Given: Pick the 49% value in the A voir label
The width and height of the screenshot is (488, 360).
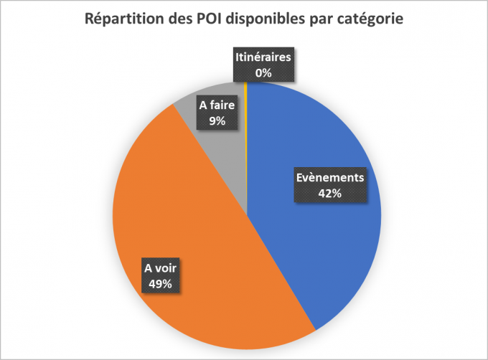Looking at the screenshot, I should [161, 284].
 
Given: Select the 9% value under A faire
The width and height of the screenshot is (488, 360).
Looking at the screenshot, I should [217, 121].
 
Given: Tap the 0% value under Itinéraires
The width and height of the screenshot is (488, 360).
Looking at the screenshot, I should [263, 72].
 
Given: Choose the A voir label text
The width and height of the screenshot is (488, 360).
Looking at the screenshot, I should [161, 269].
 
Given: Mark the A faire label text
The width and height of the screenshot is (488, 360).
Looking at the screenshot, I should [217, 106].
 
